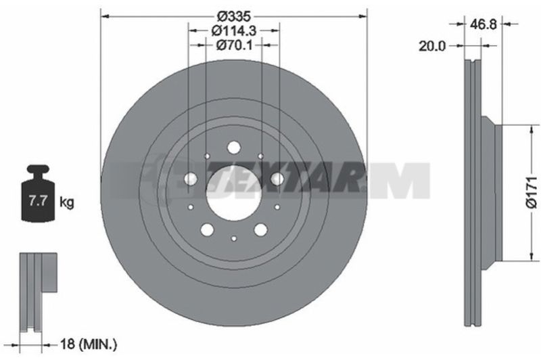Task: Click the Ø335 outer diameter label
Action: tap(233, 16)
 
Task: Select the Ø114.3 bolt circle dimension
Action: tap(233, 30)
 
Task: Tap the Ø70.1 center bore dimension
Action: tap(234, 45)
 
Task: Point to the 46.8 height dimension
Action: tap(483, 24)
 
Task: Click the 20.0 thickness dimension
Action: tap(432, 46)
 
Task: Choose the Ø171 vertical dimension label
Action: tap(532, 192)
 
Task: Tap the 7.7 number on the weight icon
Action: tap(38, 201)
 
